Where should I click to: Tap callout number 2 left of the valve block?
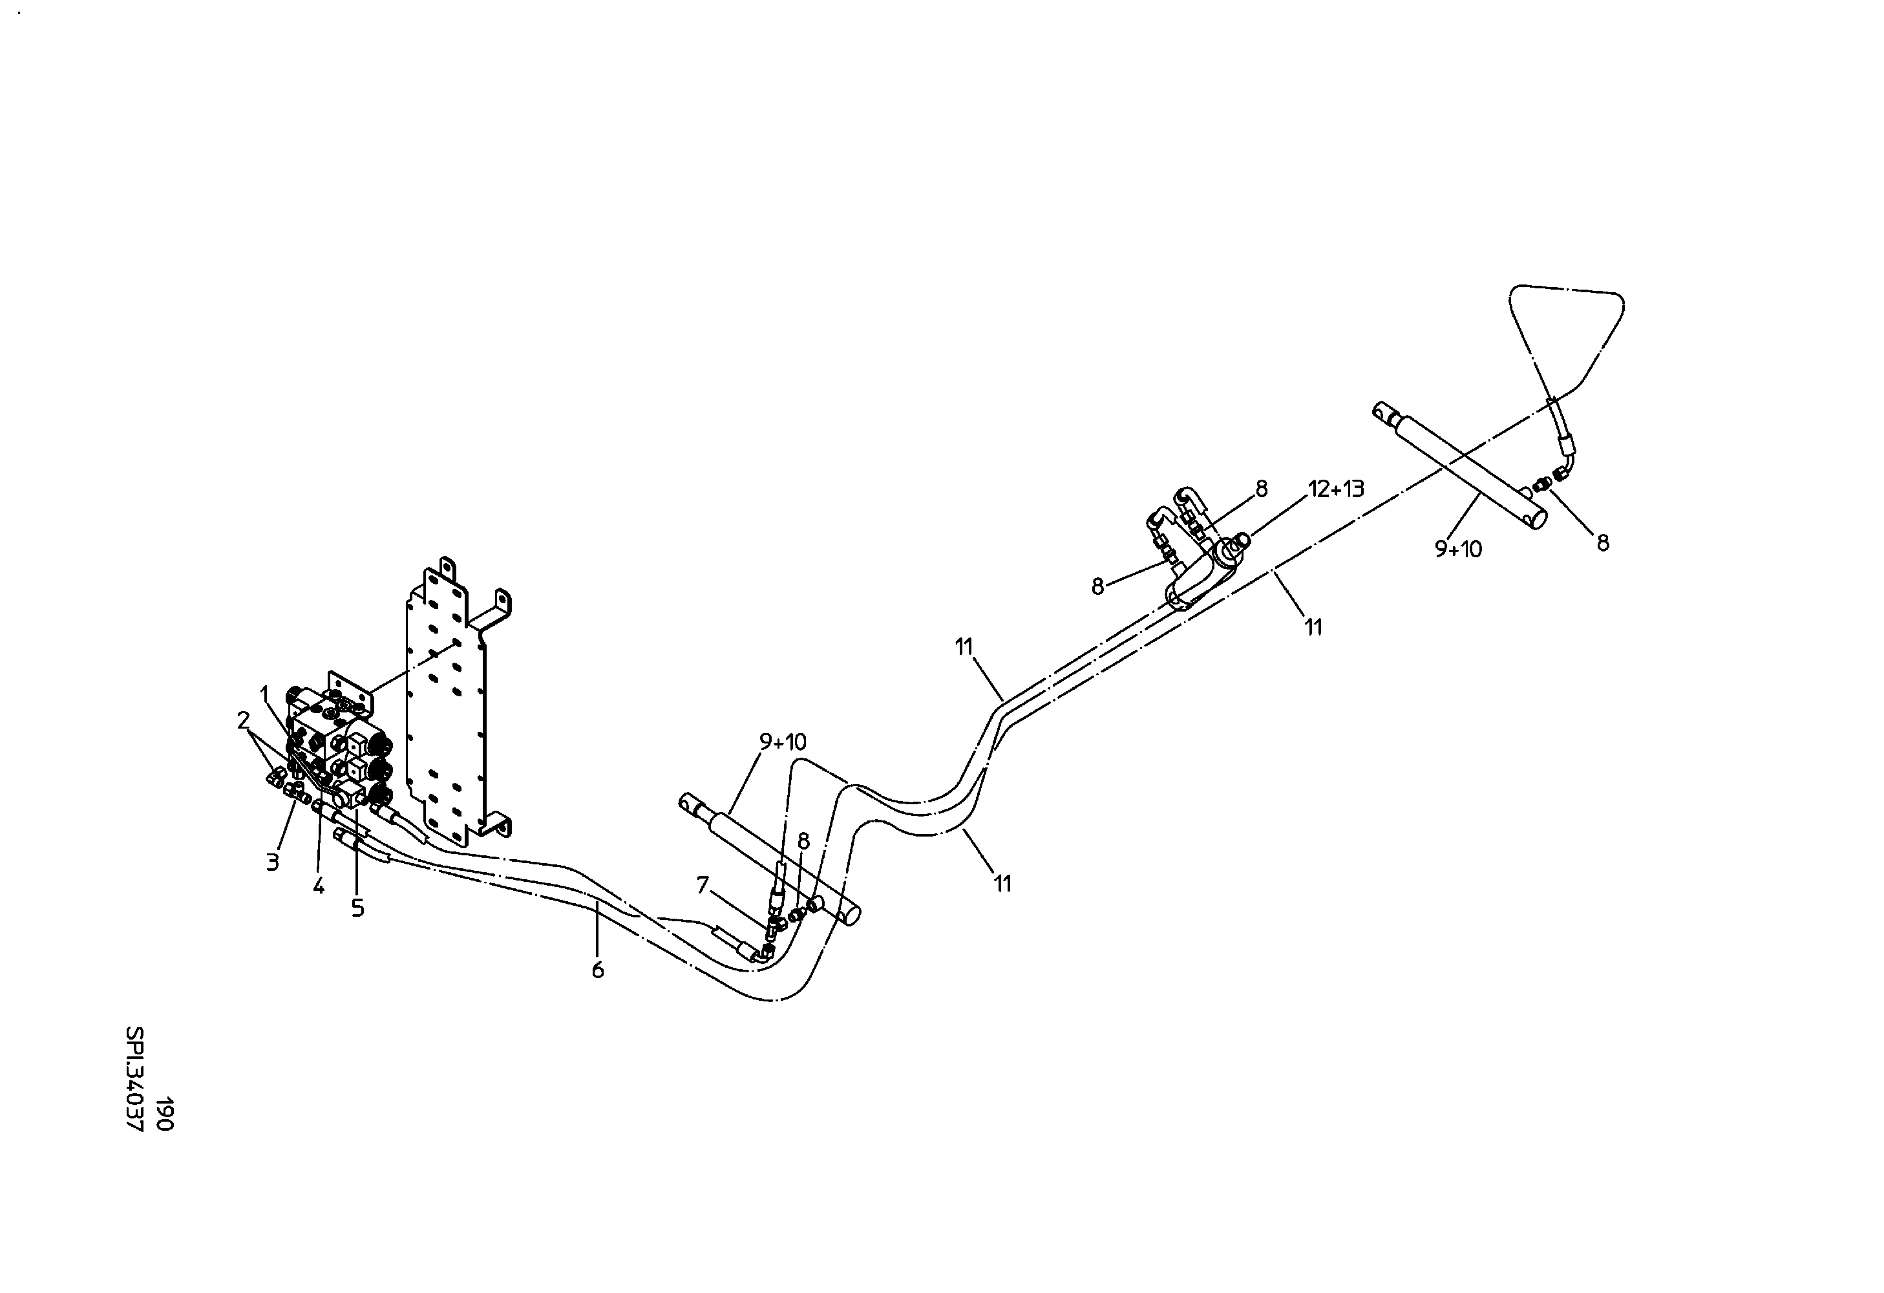click(243, 719)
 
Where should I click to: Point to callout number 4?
click(319, 886)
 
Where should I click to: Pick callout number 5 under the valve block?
click(357, 909)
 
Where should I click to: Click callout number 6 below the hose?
click(597, 970)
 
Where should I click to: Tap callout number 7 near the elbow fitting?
click(703, 885)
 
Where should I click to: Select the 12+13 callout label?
click(1336, 488)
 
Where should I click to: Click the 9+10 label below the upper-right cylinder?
click(1458, 549)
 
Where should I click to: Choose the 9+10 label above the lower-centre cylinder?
click(782, 741)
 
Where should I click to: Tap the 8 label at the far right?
click(1603, 543)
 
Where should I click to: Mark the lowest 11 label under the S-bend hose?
click(1003, 884)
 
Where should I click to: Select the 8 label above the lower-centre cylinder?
click(803, 840)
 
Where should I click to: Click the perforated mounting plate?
click(446, 705)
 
